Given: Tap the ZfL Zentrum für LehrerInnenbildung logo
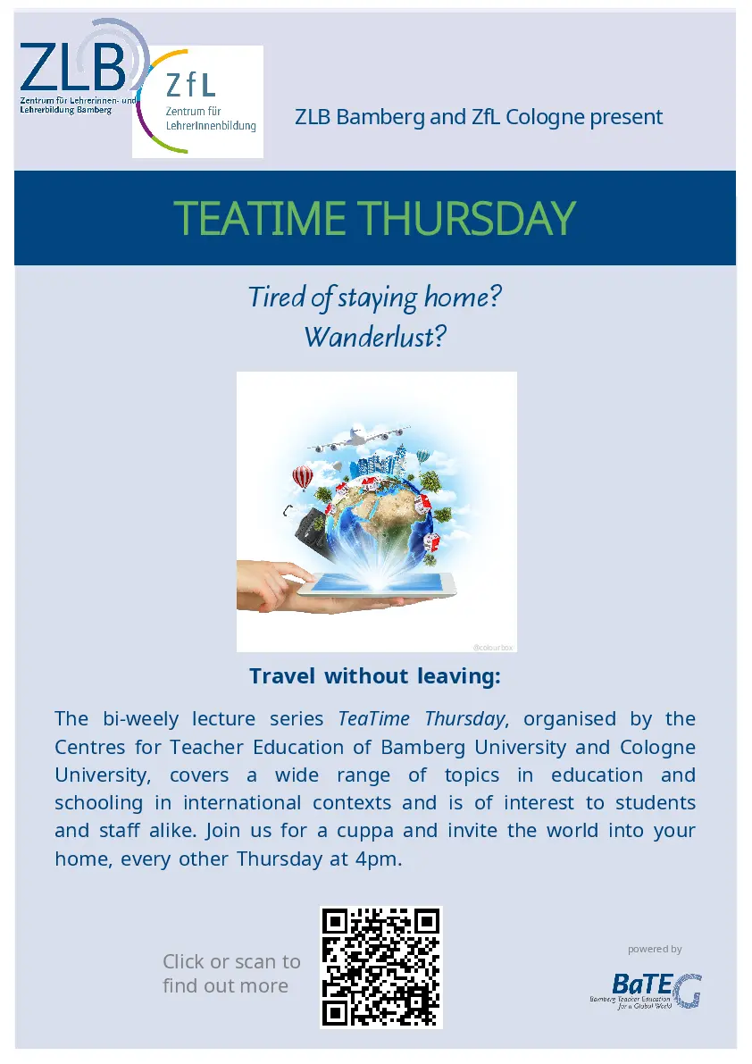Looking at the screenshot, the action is [x=197, y=102].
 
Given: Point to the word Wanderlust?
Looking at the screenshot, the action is [x=375, y=337].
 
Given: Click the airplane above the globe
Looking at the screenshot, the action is [x=359, y=438].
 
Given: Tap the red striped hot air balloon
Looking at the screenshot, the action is [x=303, y=477].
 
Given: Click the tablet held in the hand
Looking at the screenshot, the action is [x=377, y=586].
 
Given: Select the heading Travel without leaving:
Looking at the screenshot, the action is [x=375, y=676].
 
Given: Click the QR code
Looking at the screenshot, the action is [x=381, y=968].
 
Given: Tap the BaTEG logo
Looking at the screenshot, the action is [x=647, y=992].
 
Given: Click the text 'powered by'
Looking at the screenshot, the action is [x=655, y=950].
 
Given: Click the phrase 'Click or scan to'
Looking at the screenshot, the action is [x=231, y=961].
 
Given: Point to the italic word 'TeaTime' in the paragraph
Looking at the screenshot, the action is [x=373, y=718].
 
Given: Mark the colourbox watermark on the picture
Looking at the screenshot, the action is [x=493, y=648].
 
